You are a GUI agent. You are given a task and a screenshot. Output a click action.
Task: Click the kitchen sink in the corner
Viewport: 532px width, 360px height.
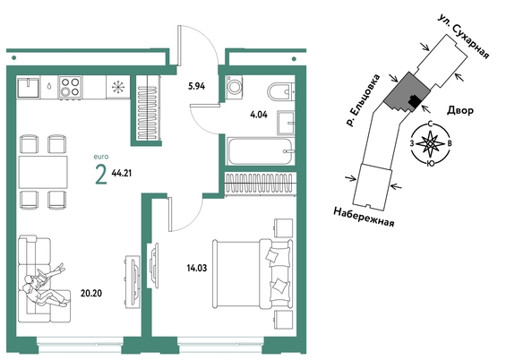point(29,87)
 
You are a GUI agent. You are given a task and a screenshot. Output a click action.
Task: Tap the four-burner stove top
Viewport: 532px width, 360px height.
point(70,87)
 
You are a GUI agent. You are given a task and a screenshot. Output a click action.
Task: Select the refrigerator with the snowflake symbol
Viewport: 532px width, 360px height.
point(117,87)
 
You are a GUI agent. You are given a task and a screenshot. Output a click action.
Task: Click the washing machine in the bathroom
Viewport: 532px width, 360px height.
point(235,87)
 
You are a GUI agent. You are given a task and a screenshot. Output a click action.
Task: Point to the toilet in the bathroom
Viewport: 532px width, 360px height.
point(280,91)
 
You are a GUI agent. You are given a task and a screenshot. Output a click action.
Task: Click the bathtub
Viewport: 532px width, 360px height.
point(261,151)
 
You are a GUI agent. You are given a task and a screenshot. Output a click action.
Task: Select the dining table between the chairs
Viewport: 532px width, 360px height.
point(43,172)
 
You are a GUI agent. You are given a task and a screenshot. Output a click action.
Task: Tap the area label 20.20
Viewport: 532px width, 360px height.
point(91,293)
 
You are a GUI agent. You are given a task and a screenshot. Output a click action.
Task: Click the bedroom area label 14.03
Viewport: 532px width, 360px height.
point(197,268)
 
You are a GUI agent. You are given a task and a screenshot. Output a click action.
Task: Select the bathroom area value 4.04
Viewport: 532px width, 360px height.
point(259,115)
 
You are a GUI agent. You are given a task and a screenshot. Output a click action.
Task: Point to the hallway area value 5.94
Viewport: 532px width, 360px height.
point(197,86)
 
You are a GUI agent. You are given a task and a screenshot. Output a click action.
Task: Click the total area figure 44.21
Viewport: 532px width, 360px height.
point(122,174)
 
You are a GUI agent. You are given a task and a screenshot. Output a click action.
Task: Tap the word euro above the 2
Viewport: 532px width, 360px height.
point(101,157)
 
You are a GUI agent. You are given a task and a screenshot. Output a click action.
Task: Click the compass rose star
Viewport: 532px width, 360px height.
point(430,143)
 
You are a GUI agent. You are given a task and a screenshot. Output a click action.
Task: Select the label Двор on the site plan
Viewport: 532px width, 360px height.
point(460,110)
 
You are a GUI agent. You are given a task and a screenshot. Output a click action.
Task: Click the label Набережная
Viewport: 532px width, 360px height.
point(364,217)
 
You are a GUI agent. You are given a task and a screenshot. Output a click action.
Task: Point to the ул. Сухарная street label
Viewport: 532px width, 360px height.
point(463,37)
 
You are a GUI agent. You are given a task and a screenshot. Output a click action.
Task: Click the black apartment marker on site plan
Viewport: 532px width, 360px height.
point(414,101)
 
